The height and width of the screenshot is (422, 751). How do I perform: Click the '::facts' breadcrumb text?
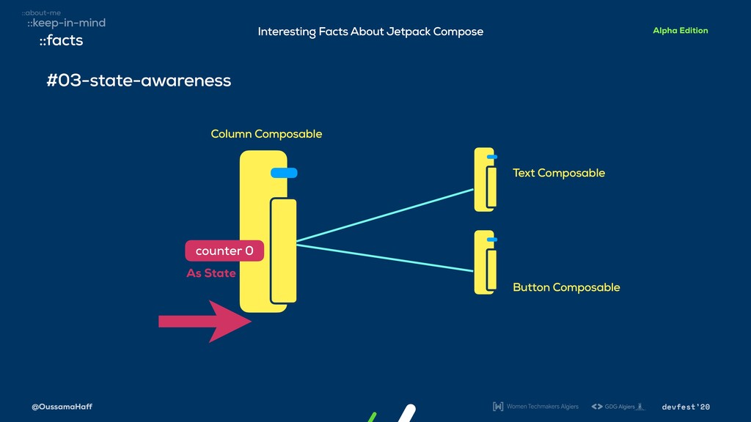(x=61, y=41)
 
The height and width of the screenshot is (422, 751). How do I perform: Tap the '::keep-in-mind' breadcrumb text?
(x=66, y=23)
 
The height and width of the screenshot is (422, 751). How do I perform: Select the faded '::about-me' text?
(x=41, y=12)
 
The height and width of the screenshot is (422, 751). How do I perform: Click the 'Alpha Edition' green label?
(x=680, y=31)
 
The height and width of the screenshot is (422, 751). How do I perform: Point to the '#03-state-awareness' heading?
(x=139, y=81)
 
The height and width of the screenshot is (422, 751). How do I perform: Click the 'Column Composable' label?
(x=266, y=134)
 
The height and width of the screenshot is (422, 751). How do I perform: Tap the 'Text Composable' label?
(x=559, y=173)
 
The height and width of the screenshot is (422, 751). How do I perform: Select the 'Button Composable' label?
(x=566, y=287)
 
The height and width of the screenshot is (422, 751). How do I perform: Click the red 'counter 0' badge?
(x=224, y=251)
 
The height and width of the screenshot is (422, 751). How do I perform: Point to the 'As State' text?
(x=211, y=273)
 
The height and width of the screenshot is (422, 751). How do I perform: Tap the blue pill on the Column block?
(x=284, y=173)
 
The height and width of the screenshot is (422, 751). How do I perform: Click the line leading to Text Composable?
(x=385, y=215)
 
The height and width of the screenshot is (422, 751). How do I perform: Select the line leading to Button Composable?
(x=385, y=258)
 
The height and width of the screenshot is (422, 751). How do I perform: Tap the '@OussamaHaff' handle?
(x=62, y=407)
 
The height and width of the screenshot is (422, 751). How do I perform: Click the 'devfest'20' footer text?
(x=686, y=407)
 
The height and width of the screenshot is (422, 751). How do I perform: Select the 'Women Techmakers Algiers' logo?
(x=535, y=407)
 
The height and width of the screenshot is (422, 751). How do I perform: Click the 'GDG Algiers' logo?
(x=618, y=407)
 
